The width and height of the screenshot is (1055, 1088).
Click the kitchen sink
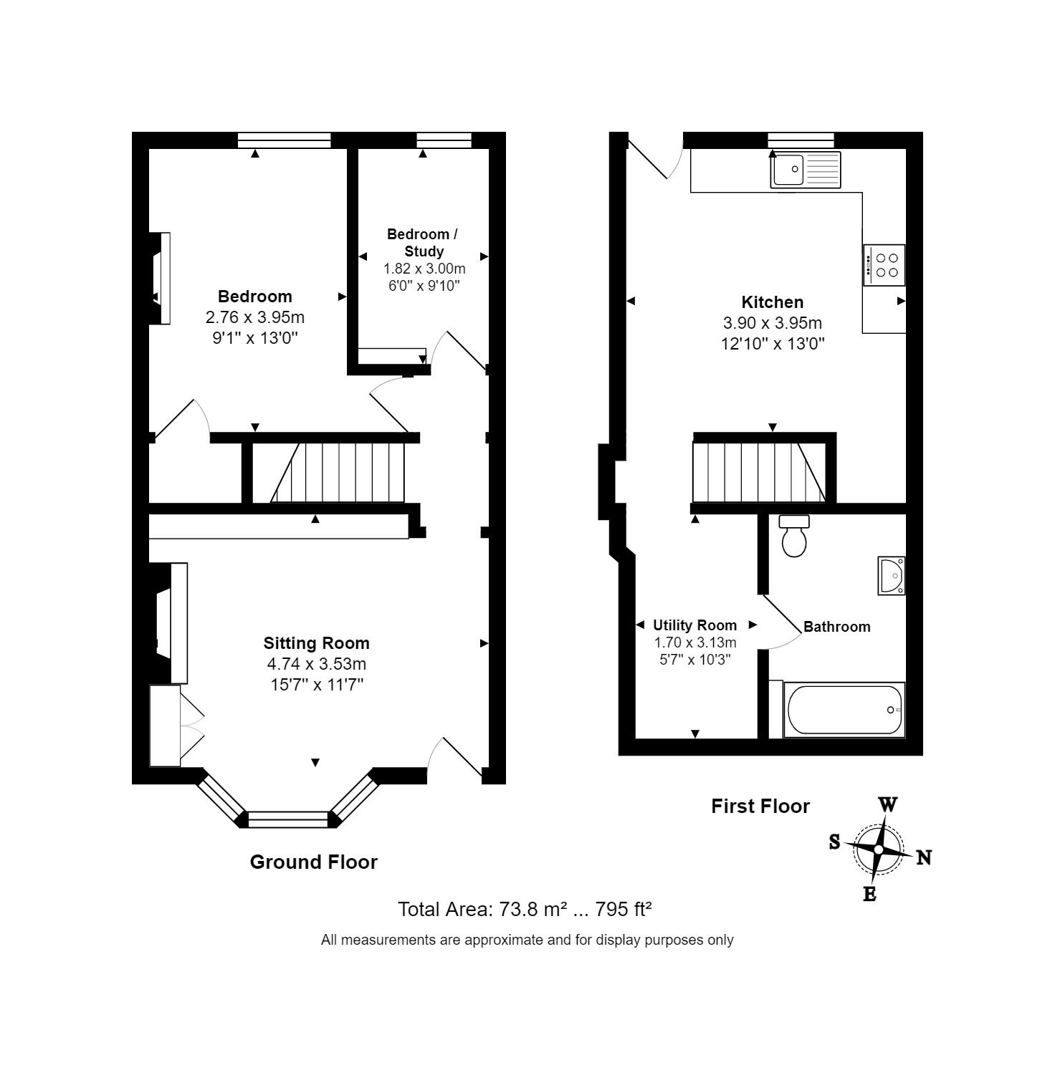[x=805, y=170]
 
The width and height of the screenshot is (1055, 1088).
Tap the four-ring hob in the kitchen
[x=884, y=265]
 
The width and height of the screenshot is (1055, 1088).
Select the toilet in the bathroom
[x=794, y=536]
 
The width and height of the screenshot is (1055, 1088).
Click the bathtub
[x=844, y=710]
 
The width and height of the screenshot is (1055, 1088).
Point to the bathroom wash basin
[x=892, y=575]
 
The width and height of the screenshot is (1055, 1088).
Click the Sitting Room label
[x=316, y=643]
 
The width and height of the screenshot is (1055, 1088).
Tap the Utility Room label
[x=694, y=625]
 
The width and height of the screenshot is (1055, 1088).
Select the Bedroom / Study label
[x=422, y=242]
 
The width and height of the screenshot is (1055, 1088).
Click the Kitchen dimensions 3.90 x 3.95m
[x=773, y=323]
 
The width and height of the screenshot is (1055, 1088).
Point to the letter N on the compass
[x=924, y=857]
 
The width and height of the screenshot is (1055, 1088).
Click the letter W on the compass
[x=888, y=804]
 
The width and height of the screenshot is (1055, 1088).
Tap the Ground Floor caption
[x=313, y=862]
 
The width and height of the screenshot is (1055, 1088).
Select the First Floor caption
[x=760, y=807]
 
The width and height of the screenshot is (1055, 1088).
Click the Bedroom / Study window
[x=444, y=140]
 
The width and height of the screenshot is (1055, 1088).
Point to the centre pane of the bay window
[x=288, y=819]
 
